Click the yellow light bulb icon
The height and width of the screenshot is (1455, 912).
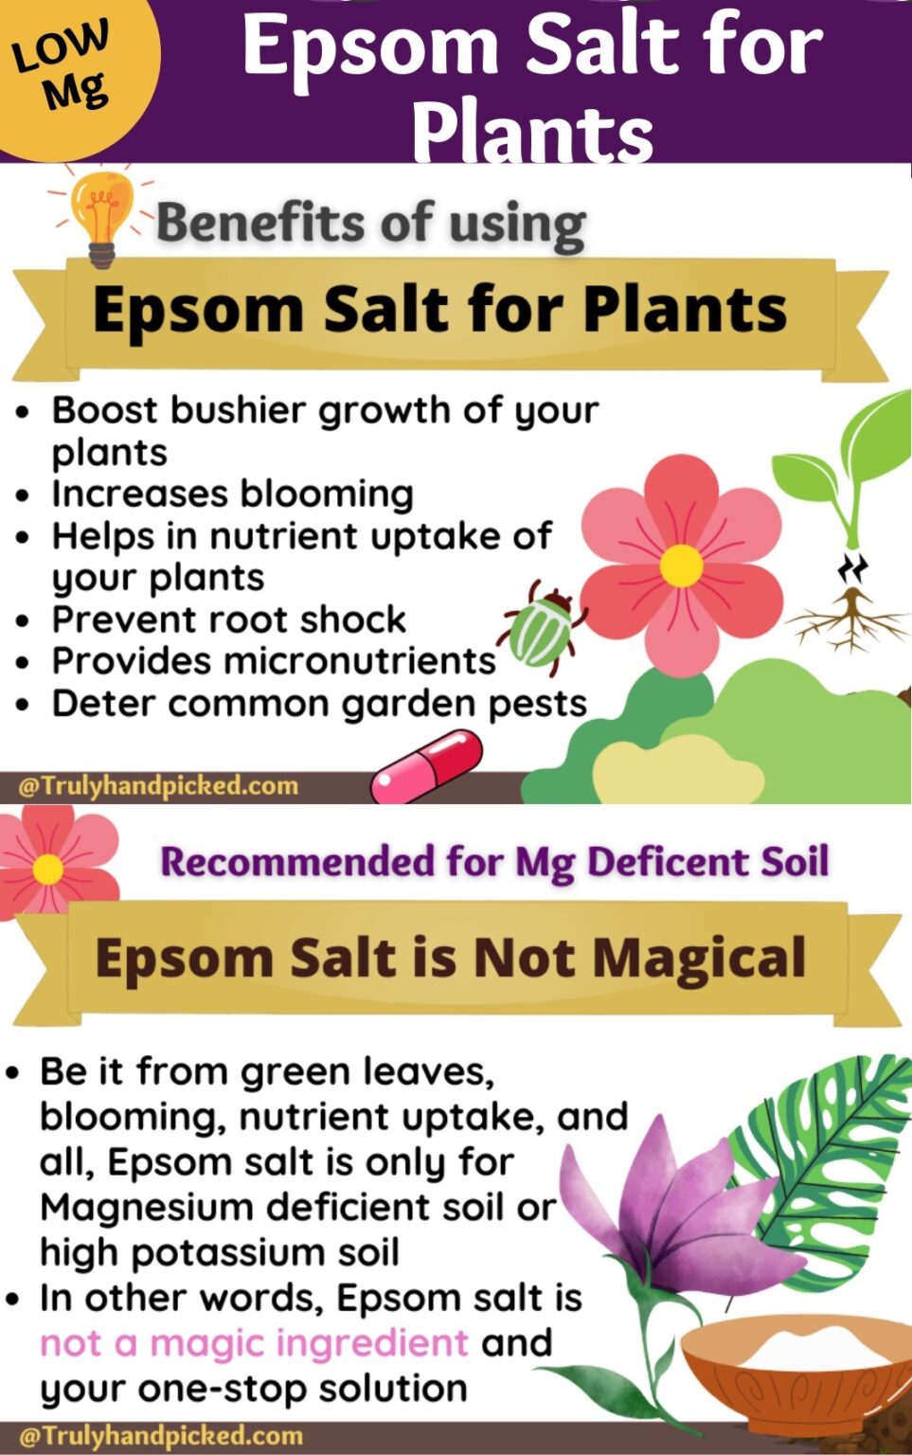coord(101,216)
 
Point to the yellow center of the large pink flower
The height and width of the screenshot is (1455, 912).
coord(681,566)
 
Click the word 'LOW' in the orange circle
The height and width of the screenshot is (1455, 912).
coord(60,46)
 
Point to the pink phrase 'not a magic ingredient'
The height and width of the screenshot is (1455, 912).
coord(254,1342)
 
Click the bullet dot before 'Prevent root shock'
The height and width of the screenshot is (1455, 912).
coord(23,621)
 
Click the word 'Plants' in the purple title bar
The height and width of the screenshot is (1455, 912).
coord(532,133)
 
